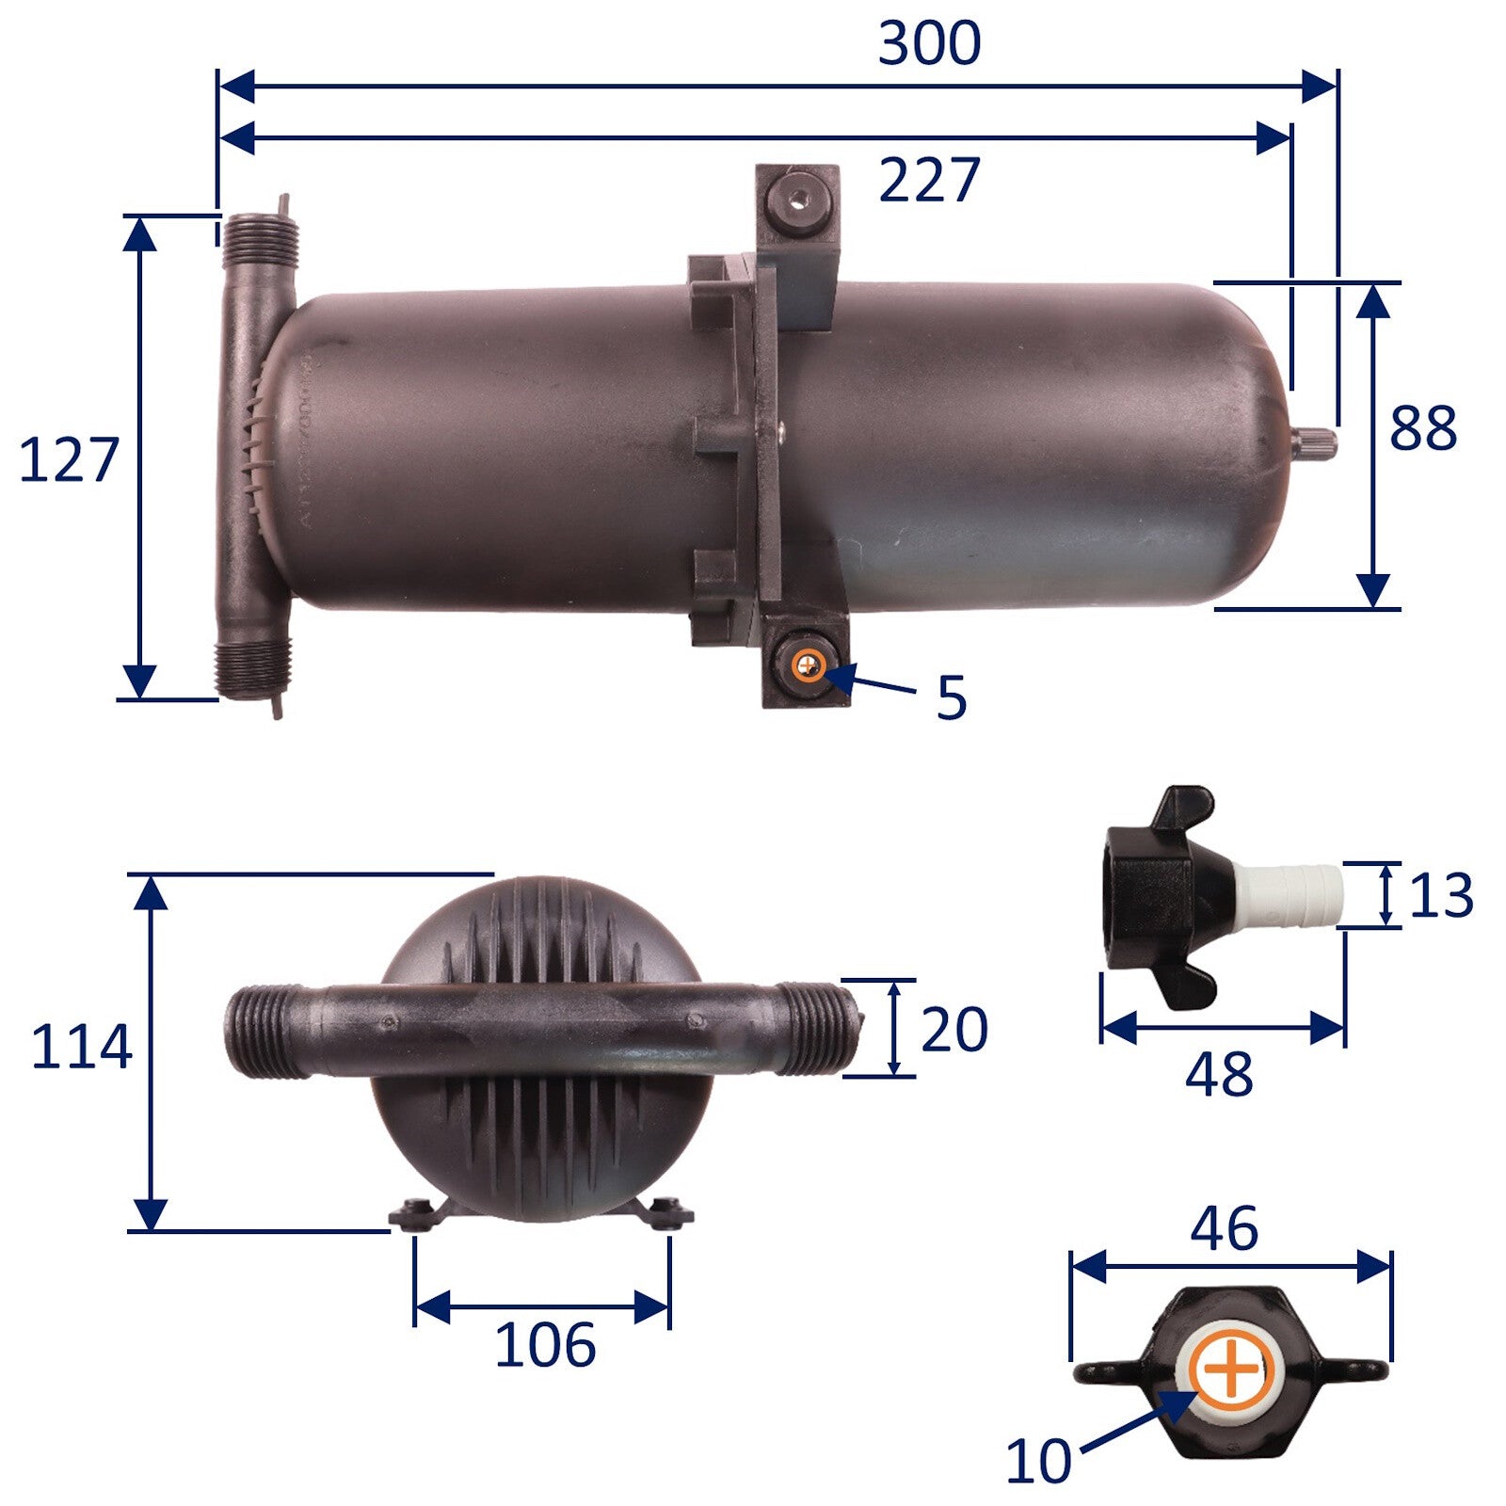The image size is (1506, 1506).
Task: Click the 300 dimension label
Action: click(x=929, y=43)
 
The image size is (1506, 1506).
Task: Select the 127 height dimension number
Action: click(x=69, y=460)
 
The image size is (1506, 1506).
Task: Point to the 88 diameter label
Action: click(x=1423, y=427)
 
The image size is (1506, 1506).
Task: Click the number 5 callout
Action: click(x=952, y=697)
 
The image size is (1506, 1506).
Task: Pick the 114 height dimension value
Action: click(x=81, y=1047)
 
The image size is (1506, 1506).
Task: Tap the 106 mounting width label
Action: click(x=545, y=1344)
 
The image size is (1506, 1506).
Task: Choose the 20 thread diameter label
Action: click(x=954, y=1029)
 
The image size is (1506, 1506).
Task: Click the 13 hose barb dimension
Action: click(x=1440, y=895)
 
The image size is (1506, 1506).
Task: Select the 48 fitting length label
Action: click(x=1219, y=1074)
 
